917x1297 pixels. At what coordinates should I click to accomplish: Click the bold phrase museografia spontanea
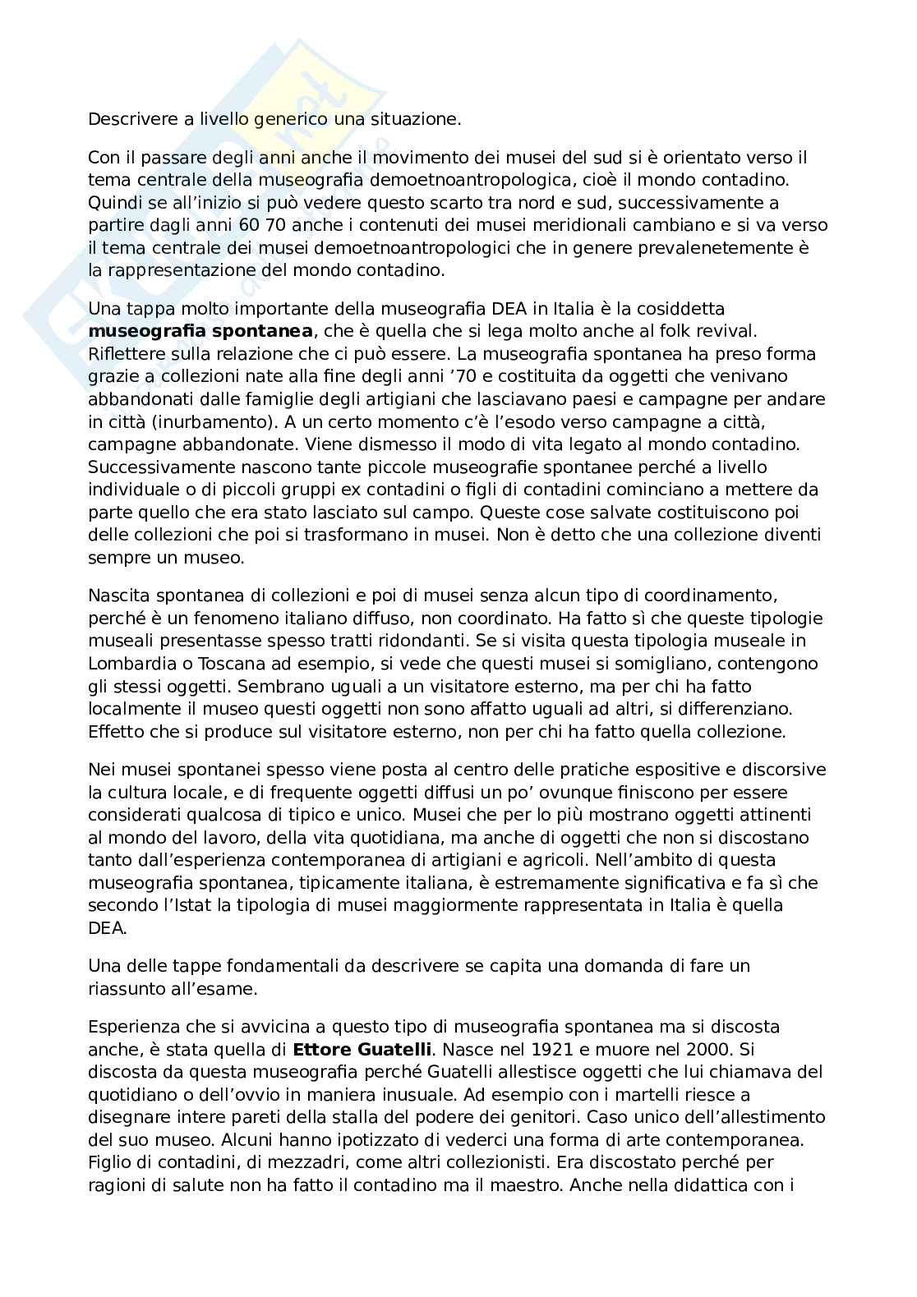[200, 332]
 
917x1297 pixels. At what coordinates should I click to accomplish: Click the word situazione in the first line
[417, 119]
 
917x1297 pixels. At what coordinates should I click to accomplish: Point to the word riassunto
[125, 989]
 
